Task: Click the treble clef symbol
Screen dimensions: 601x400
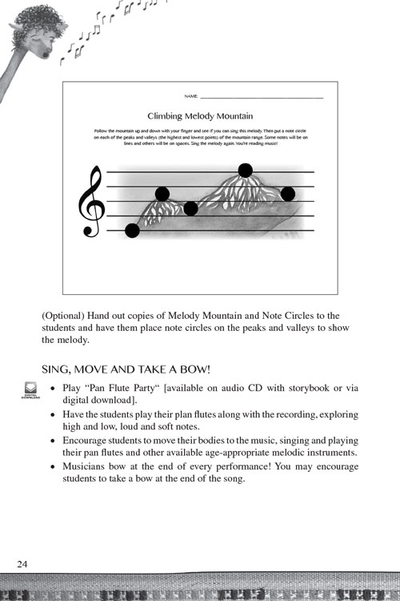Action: [x=91, y=202]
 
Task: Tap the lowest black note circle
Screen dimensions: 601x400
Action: [x=133, y=231]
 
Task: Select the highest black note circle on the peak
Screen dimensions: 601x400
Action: [x=246, y=170]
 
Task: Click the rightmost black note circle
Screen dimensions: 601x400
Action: [x=288, y=194]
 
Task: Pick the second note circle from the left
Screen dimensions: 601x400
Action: [x=162, y=194]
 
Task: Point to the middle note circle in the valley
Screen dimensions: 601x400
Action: [x=190, y=209]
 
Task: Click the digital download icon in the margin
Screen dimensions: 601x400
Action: [x=30, y=390]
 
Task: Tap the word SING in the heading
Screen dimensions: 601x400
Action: [x=56, y=369]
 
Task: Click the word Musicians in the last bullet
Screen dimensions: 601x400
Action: [x=89, y=468]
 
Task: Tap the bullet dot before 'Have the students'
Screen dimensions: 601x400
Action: [x=52, y=416]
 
